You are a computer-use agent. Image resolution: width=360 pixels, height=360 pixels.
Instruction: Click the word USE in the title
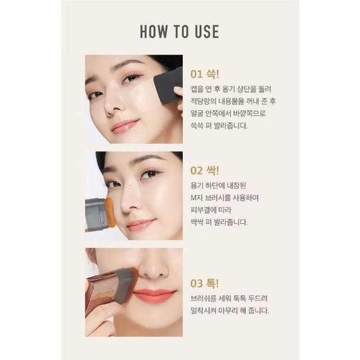(207, 31)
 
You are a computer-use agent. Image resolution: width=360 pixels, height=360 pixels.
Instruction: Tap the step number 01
(196, 74)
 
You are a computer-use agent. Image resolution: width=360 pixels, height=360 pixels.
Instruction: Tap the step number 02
(196, 171)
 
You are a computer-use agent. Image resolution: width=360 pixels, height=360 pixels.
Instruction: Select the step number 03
(196, 283)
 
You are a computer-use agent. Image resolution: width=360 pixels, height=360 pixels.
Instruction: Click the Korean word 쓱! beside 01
(213, 74)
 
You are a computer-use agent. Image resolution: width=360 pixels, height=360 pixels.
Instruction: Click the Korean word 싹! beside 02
(213, 170)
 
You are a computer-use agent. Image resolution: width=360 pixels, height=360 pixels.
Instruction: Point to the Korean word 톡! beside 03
(213, 283)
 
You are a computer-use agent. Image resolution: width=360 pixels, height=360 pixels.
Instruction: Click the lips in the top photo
(126, 125)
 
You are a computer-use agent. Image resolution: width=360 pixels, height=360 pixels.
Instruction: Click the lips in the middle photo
(141, 224)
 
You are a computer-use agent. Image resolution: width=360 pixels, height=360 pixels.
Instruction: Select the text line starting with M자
(225, 197)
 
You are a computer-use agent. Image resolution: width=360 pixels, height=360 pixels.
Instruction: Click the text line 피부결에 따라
(211, 210)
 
